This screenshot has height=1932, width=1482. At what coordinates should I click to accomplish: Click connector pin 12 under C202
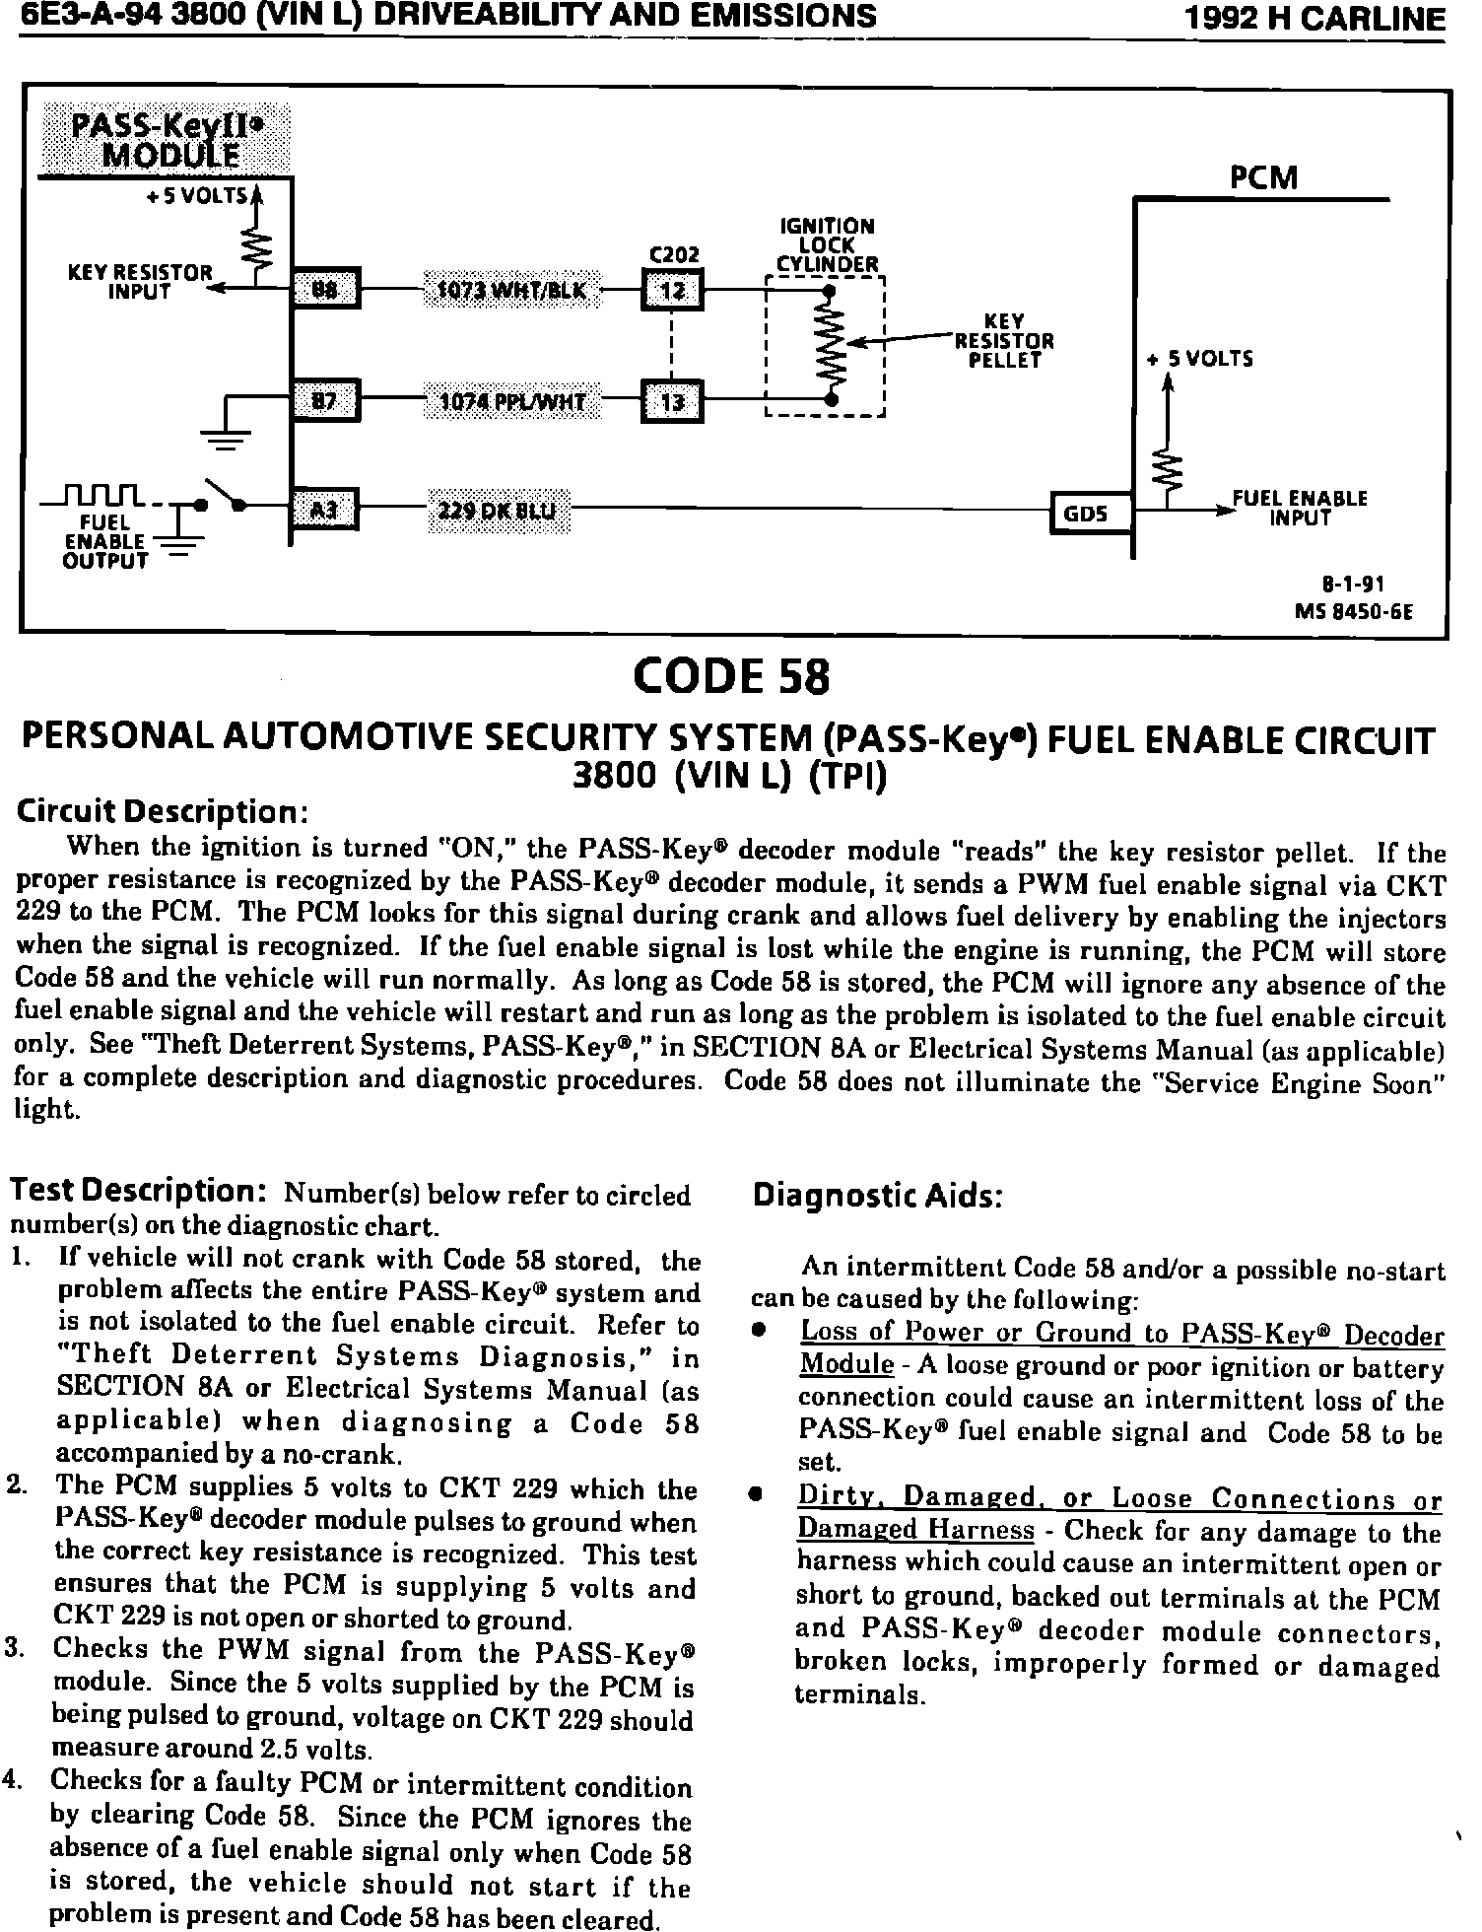[672, 291]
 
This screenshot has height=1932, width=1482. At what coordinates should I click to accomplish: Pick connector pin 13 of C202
[672, 402]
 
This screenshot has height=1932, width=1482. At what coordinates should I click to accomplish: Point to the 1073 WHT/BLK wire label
[511, 291]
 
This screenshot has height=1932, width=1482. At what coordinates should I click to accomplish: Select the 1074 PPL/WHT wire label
[511, 402]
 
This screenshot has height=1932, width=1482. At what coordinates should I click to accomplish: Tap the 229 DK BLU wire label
[498, 511]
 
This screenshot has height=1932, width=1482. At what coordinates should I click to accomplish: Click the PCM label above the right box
[1264, 178]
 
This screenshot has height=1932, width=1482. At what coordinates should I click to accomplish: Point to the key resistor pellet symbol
[834, 345]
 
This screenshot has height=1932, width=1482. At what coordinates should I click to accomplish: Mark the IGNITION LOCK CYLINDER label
[827, 245]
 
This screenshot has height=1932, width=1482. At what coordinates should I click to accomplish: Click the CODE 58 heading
[732, 677]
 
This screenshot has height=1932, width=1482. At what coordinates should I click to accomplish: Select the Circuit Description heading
[163, 812]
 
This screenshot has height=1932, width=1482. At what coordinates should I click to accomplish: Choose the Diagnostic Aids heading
[877, 1196]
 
